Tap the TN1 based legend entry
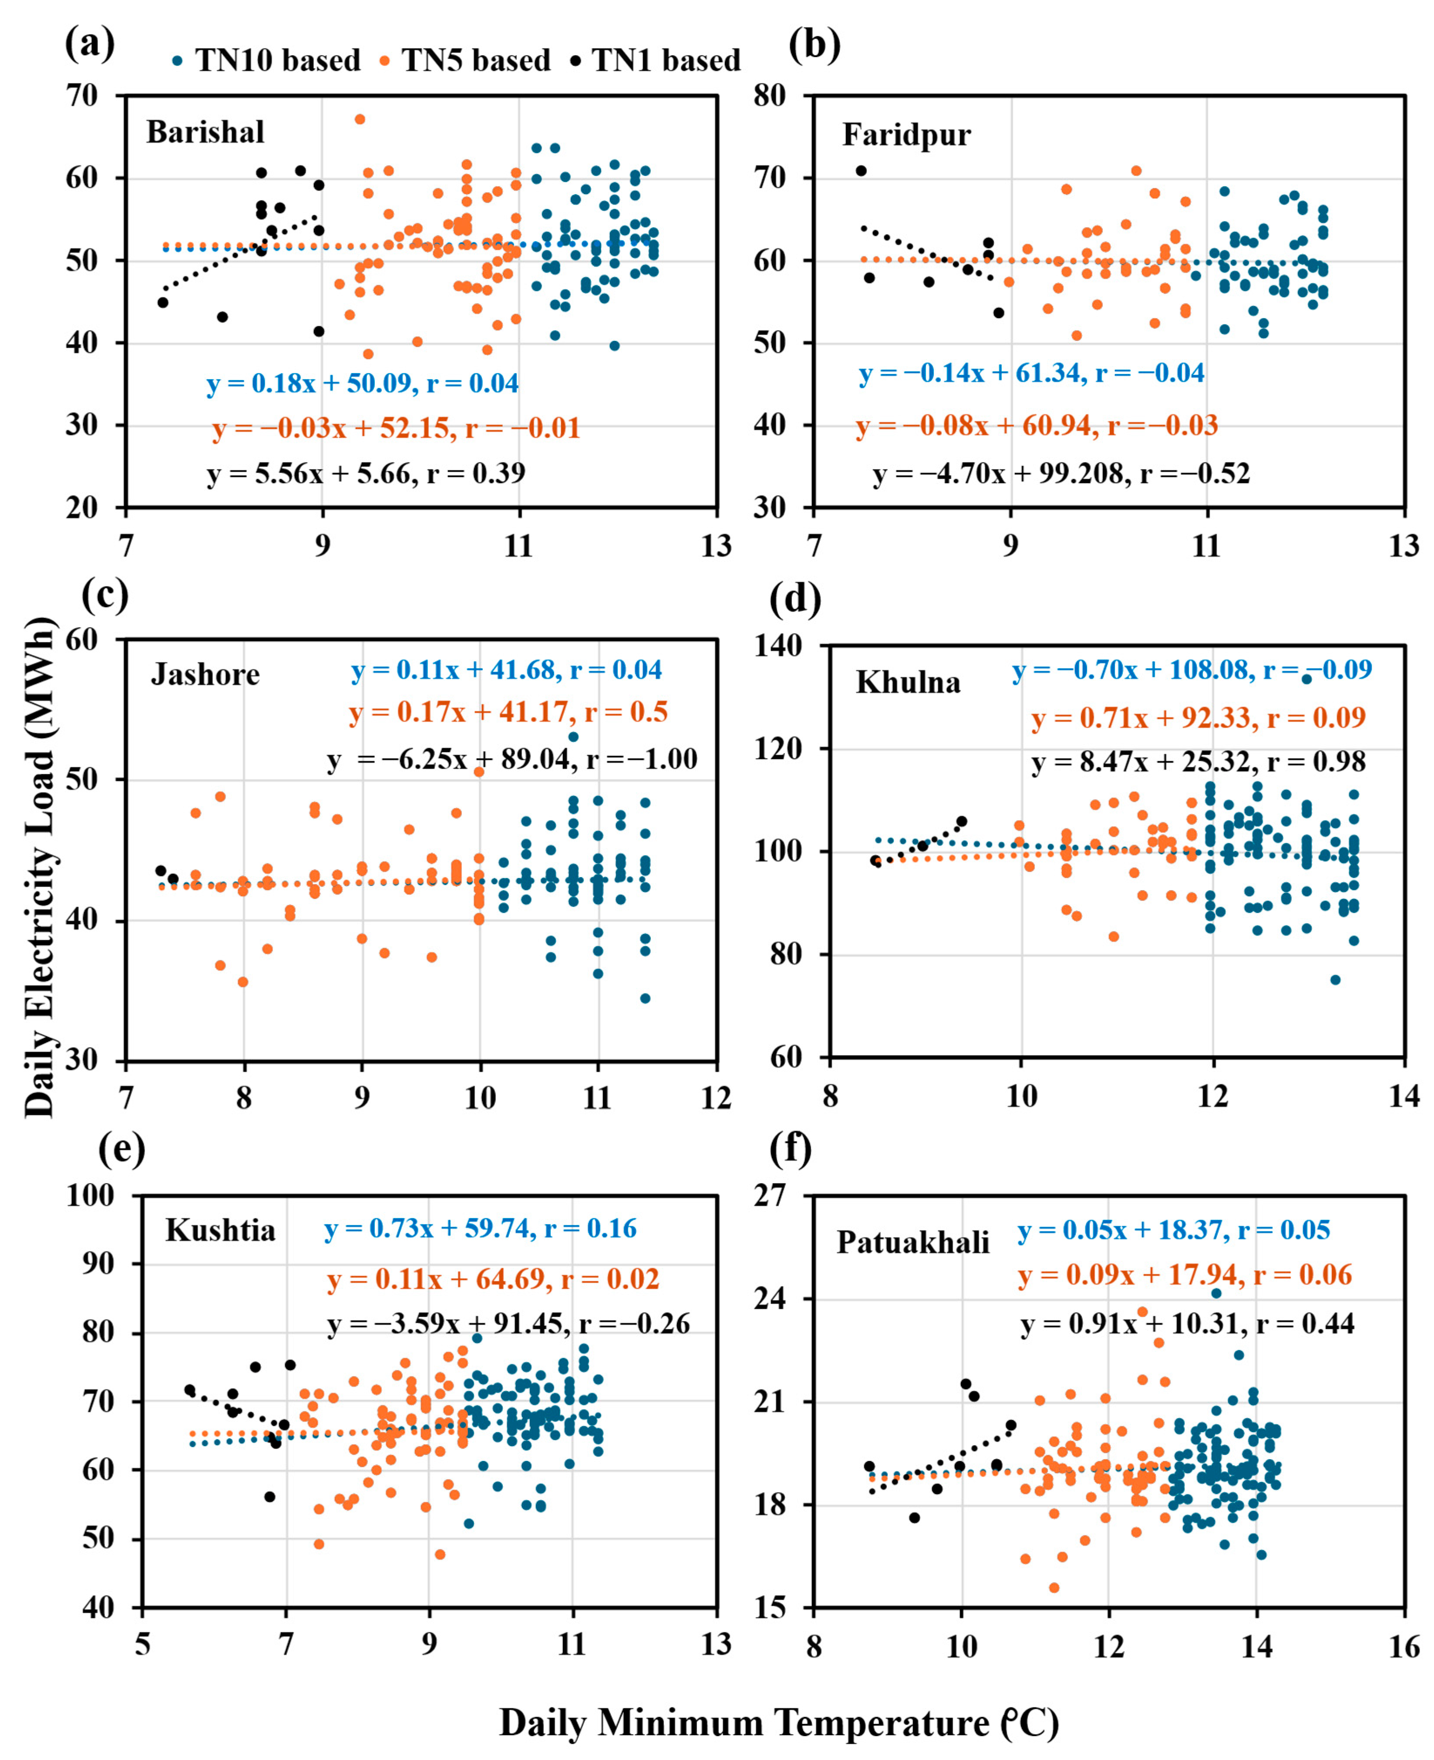click(656, 60)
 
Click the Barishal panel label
click(205, 132)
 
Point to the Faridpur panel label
click(906, 135)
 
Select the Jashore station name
click(205, 675)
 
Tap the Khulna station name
click(908, 682)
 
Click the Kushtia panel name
click(220, 1231)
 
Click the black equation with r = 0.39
click(366, 473)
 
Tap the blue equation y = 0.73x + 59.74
click(480, 1229)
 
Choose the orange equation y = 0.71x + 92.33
click(1198, 718)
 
